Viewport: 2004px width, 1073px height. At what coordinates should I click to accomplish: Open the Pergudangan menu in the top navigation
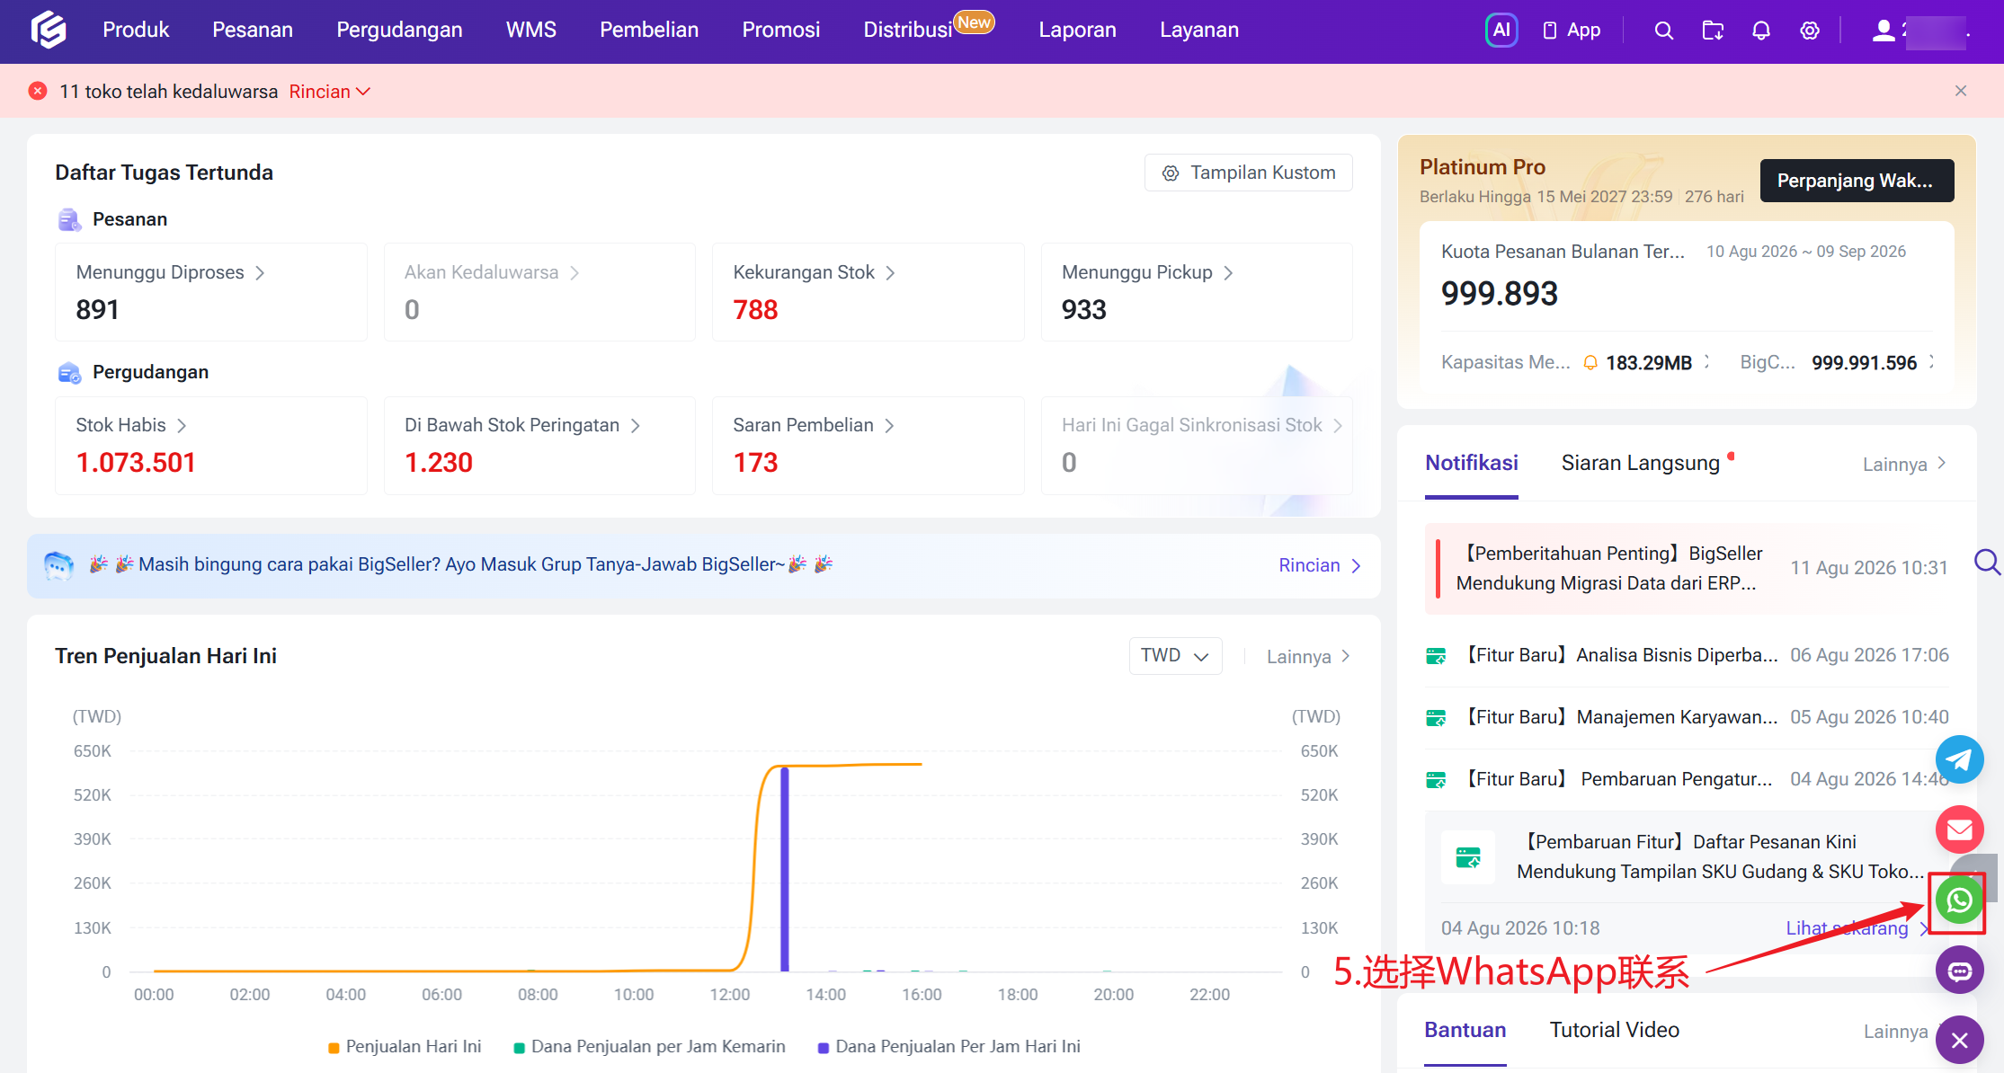point(399,30)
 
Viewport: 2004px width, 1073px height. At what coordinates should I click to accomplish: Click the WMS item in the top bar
point(531,30)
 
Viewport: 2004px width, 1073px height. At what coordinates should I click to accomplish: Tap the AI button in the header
point(1501,30)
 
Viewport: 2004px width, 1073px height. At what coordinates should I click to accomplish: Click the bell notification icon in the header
point(1761,31)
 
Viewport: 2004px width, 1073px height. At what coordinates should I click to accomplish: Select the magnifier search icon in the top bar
point(1664,31)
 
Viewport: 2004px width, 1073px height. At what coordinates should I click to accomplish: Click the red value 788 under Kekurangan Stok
point(755,310)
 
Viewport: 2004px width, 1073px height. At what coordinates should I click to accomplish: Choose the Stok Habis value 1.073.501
point(136,463)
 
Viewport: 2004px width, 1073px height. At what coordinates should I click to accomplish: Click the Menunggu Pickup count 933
point(1083,310)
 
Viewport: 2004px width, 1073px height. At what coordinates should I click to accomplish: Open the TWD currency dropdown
point(1175,656)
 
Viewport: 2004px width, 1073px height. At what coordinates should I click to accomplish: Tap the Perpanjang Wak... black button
point(1857,181)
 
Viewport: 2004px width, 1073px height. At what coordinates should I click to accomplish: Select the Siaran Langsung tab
point(1640,463)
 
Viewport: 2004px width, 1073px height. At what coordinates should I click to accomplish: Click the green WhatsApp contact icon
point(1959,900)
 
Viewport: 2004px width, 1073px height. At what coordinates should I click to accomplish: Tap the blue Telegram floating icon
point(1959,759)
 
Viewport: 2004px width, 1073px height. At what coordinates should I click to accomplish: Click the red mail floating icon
point(1959,829)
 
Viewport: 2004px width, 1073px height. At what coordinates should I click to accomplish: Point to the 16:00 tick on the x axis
point(922,995)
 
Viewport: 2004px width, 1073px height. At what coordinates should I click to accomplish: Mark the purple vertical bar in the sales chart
point(785,869)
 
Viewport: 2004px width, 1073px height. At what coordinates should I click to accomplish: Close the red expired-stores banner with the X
point(1961,91)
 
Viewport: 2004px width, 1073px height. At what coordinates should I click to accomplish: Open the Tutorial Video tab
point(1615,1030)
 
